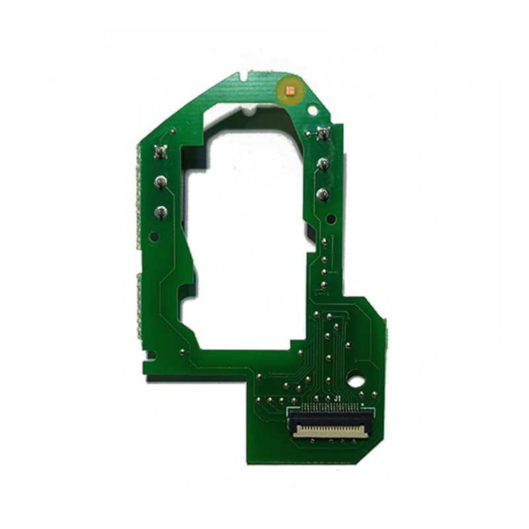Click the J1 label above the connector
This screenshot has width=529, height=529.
point(337,399)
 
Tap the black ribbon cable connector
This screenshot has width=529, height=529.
point(331,422)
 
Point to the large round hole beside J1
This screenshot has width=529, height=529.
point(356,382)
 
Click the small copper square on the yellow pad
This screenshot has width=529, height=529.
point(290,90)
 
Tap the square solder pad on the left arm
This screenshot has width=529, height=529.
point(160,153)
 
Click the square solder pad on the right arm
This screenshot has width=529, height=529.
point(324,134)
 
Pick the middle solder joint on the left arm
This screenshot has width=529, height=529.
point(160,183)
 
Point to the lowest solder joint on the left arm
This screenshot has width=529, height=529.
point(161,212)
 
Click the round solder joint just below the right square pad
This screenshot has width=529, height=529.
point(323,164)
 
